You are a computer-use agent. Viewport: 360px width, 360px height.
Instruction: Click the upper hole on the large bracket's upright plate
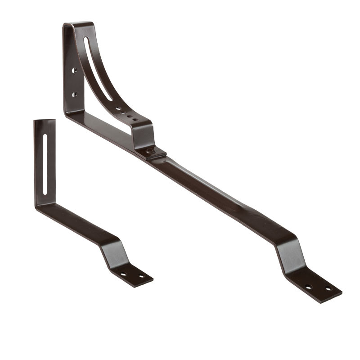74,71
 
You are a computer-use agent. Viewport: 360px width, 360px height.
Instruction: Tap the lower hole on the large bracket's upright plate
74,94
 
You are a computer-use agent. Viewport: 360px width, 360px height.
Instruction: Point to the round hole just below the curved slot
118,108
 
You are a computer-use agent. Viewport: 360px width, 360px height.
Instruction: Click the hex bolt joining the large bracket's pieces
150,151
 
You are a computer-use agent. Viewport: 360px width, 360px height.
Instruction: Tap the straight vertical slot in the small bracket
45,164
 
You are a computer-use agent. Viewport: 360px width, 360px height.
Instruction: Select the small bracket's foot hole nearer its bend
124,274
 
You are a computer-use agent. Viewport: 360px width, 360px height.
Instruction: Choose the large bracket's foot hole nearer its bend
308,287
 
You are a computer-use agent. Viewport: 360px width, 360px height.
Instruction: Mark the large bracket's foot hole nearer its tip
328,289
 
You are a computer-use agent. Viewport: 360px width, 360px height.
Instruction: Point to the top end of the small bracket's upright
45,121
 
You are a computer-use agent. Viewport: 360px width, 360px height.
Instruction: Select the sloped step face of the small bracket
112,254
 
